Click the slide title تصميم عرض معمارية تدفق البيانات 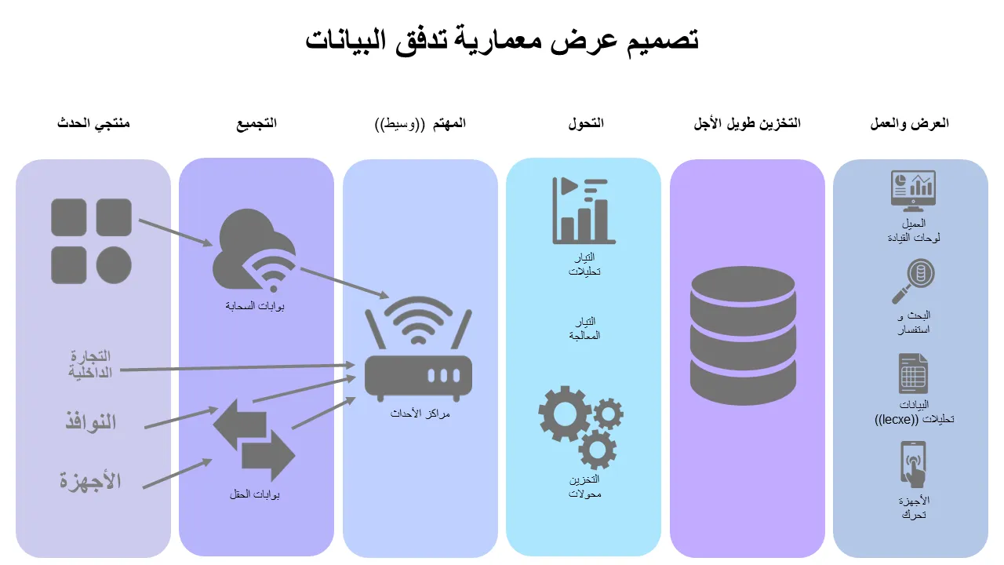pyautogui.click(x=502, y=39)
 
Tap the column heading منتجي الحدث pyautogui.click(x=93, y=124)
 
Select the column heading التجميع pyautogui.click(x=257, y=124)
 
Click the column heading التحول pyautogui.click(x=586, y=124)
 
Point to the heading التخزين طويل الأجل pyautogui.click(x=748, y=124)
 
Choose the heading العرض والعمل pyautogui.click(x=910, y=124)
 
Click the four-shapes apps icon pyautogui.click(x=91, y=241)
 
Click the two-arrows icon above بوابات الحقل pyautogui.click(x=254, y=440)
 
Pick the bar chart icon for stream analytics pyautogui.click(x=584, y=210)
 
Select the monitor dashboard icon pyautogui.click(x=913, y=191)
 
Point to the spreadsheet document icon pyautogui.click(x=913, y=374)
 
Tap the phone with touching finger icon pyautogui.click(x=913, y=465)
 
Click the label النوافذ pyautogui.click(x=90, y=422)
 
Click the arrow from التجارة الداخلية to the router pyautogui.click(x=235, y=367)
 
